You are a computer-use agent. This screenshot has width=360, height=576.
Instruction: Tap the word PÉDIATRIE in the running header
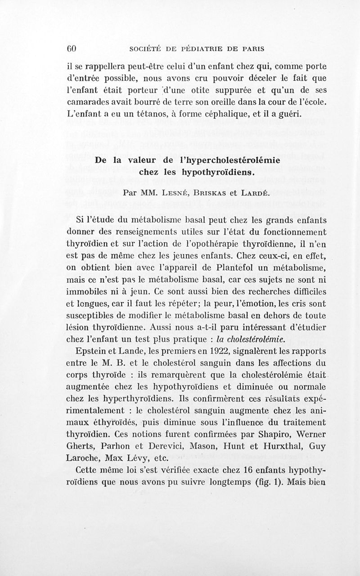197,48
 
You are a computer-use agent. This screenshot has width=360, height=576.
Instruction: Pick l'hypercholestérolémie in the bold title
231,160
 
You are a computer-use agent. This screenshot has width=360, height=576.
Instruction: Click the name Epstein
94,350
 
